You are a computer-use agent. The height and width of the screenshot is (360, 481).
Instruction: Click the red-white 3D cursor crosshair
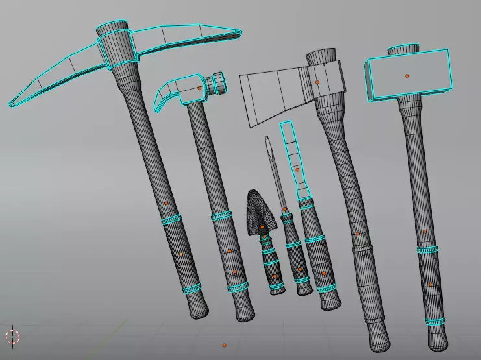point(13,336)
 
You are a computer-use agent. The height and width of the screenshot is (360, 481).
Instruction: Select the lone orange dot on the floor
point(224,346)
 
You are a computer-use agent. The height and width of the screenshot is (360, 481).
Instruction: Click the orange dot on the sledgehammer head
point(407,76)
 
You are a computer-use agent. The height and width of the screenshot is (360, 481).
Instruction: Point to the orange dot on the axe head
point(317,82)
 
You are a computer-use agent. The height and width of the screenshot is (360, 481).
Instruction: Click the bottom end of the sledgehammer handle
point(439,338)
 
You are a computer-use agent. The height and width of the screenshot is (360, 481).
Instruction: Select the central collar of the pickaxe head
point(117,49)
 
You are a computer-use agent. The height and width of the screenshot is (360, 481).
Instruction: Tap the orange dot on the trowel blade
point(262,227)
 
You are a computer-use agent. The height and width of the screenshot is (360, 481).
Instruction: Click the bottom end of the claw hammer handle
point(245,313)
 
